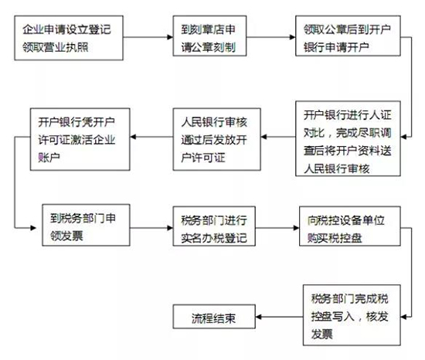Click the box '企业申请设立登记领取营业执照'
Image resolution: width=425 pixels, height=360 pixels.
[x=69, y=38]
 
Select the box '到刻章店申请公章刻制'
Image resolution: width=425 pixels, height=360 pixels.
[x=209, y=36]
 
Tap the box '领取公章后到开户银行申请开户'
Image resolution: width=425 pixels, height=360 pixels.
[x=348, y=36]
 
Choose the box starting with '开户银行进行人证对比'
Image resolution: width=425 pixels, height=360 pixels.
[x=348, y=139]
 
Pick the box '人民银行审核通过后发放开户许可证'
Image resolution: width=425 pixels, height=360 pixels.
[x=217, y=139]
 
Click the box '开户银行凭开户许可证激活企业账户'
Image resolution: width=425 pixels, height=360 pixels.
[x=80, y=139]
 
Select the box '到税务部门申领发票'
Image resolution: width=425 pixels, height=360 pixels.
[x=86, y=225]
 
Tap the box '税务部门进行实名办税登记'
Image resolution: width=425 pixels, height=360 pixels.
[x=214, y=226]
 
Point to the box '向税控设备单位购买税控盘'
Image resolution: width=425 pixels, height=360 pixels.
[x=350, y=226]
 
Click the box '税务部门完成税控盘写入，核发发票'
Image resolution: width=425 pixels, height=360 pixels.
[x=352, y=315]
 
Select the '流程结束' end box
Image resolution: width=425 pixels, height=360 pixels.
[x=214, y=317]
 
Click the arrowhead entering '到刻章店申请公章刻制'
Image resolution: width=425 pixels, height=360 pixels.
[x=170, y=37]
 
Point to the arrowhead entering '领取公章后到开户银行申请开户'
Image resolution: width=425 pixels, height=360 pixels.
[x=293, y=37]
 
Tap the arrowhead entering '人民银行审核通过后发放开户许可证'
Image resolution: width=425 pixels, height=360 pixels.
[x=263, y=137]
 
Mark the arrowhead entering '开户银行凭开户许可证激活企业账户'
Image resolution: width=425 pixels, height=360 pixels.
[x=133, y=137]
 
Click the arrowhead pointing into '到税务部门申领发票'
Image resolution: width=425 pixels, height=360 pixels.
[x=33, y=228]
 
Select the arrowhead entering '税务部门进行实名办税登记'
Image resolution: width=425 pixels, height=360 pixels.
[x=170, y=228]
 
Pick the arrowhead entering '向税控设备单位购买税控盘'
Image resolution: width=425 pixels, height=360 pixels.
[x=297, y=228]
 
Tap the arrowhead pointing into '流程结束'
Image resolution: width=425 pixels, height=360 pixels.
[x=259, y=317]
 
